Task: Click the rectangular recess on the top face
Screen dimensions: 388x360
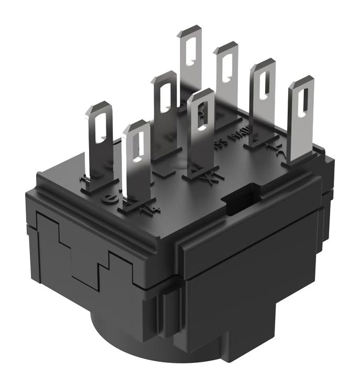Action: point(238,197)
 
